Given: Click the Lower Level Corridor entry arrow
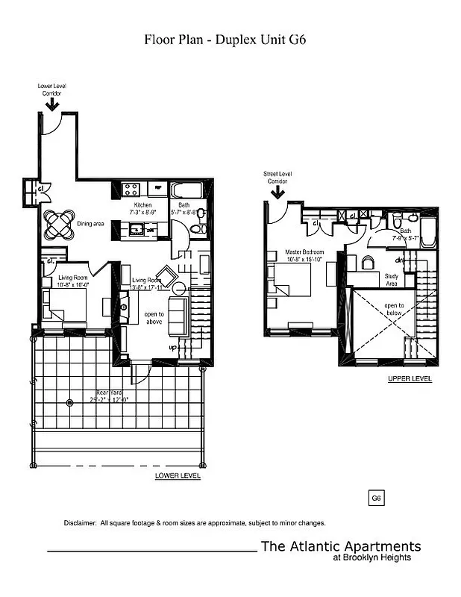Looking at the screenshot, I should click(x=52, y=104).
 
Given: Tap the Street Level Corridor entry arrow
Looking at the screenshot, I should click(x=277, y=193).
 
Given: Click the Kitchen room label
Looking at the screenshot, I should click(x=142, y=204).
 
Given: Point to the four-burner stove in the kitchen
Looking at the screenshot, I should click(x=132, y=190).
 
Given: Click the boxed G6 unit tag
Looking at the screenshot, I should click(x=377, y=498).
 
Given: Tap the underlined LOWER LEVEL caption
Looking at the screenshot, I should click(x=177, y=475).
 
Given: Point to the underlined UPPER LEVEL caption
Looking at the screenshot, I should click(x=410, y=379).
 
